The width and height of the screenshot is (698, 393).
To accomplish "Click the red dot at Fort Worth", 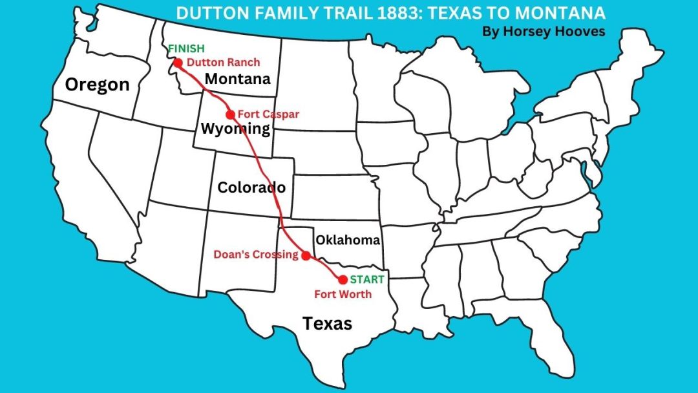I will [343, 279].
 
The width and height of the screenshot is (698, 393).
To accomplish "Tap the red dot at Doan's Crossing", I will [306, 255].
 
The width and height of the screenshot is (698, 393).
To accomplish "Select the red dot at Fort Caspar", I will [230, 114].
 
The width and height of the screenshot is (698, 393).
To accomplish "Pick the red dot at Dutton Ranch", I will [178, 63].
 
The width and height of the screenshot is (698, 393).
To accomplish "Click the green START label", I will [367, 279].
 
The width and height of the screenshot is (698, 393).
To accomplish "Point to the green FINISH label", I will [185, 48].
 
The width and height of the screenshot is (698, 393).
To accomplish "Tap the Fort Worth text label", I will [343, 294].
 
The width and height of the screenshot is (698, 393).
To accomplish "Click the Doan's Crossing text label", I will [256, 255].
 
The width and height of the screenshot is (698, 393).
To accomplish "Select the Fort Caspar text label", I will [268, 114].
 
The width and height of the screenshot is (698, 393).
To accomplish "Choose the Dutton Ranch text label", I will [223, 63].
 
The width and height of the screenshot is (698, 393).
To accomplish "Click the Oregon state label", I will [97, 85].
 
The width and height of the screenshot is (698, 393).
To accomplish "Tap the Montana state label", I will [237, 80].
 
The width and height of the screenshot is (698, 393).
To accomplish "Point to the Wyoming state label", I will [235, 129].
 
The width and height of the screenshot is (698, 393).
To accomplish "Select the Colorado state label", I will [251, 188].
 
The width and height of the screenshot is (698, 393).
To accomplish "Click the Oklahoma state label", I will [348, 240].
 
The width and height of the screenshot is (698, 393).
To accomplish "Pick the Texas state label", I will [328, 323].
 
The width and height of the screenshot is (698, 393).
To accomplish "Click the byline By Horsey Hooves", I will [544, 31].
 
